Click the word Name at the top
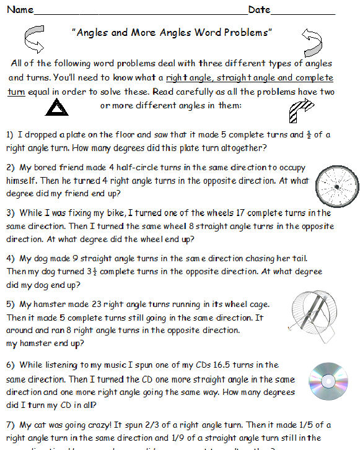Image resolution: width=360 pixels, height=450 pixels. (x=20, y=10)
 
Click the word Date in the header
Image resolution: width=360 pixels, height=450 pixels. (x=260, y=10)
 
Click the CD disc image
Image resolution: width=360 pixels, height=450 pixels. (x=325, y=378)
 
